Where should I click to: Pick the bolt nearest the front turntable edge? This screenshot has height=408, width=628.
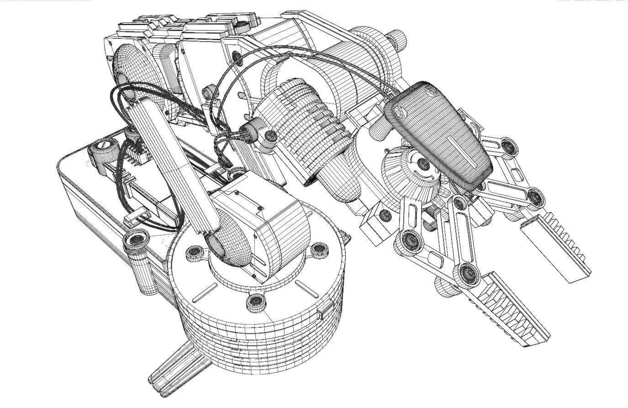tap(256, 302)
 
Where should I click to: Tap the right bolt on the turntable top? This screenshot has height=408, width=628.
tap(318, 250)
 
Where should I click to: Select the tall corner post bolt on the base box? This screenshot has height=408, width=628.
tap(137, 240)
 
